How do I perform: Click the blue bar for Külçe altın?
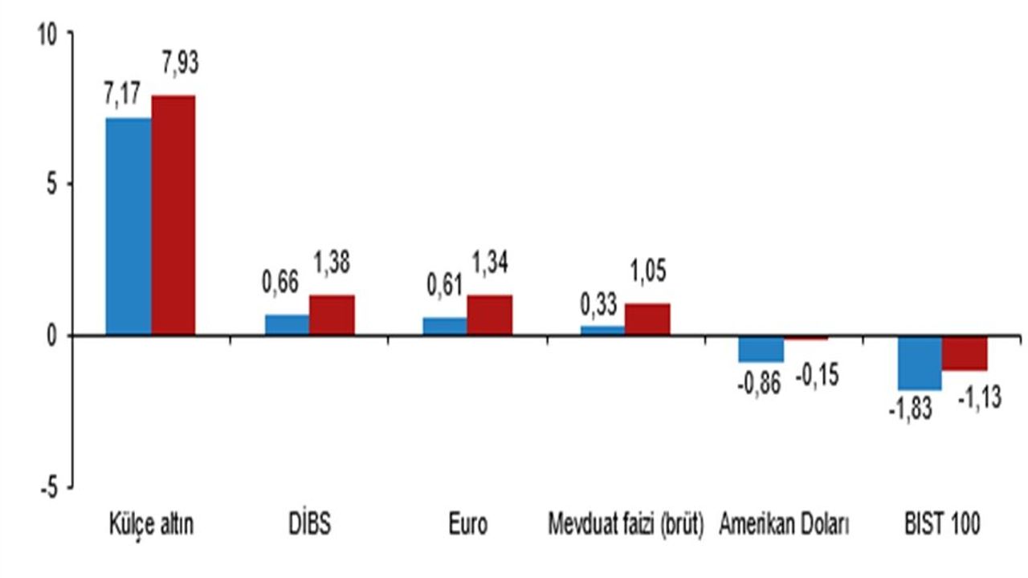coord(128,226)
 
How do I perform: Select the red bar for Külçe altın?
coord(173,216)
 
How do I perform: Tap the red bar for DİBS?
coord(332,315)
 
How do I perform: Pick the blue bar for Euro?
coord(445,326)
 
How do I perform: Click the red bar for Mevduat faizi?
coord(647,320)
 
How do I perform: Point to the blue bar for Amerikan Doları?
coord(761,349)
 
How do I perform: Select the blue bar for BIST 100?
coord(920,364)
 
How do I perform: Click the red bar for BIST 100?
coord(965,353)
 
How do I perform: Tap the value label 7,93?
coord(181,63)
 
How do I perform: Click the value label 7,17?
coord(122,94)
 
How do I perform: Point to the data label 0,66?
coord(280,282)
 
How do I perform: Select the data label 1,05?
coord(648,271)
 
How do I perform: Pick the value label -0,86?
coord(759,383)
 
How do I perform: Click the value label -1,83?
coord(911,409)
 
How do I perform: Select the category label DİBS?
coord(310,524)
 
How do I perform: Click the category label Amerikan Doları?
coord(784,524)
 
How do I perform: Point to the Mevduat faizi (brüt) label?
coord(626,525)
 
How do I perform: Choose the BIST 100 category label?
coord(942,524)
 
